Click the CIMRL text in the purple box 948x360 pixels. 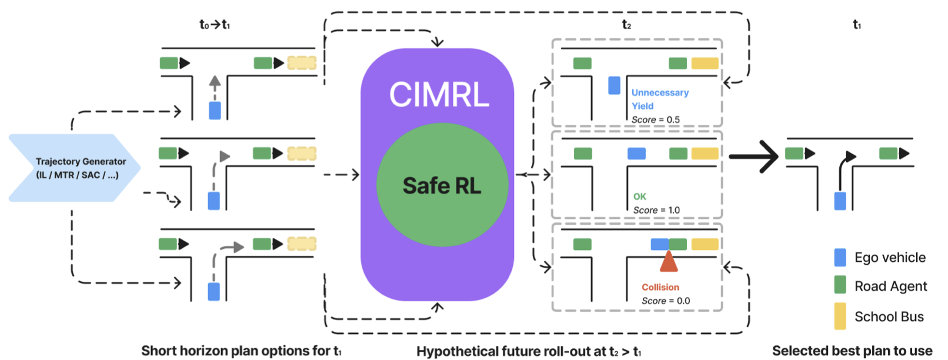(439, 95)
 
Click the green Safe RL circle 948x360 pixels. (442, 185)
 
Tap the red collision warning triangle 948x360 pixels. (669, 262)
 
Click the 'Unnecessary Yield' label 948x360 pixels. (659, 99)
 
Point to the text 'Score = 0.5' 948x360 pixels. (655, 119)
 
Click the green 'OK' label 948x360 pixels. (639, 196)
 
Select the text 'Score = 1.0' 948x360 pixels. (656, 210)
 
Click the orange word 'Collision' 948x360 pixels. (660, 287)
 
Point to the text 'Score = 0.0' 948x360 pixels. (665, 301)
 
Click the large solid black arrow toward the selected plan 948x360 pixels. (754, 156)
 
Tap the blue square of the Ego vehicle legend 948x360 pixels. (840, 258)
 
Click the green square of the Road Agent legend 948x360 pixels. (840, 285)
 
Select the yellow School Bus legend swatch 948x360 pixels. (840, 316)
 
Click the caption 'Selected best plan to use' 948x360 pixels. (852, 351)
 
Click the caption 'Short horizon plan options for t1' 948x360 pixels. (241, 351)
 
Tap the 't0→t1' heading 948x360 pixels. (215, 25)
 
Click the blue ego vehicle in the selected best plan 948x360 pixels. (840, 201)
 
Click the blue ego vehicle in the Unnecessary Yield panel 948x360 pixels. (614, 85)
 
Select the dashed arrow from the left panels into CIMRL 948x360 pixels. (342, 175)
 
